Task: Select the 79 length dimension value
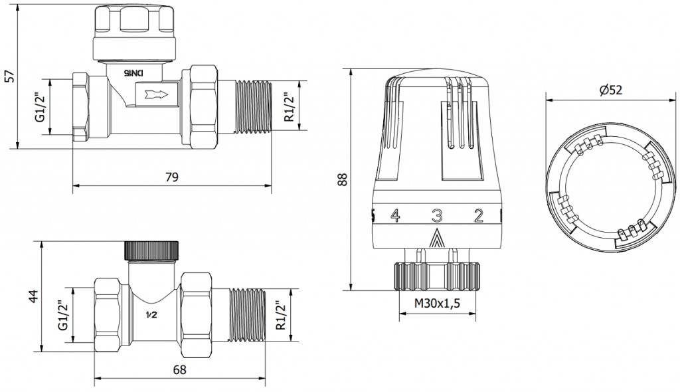pyautogui.click(x=172, y=177)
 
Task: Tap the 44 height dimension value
pyautogui.click(x=35, y=296)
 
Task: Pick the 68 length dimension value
pyautogui.click(x=179, y=370)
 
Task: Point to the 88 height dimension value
pyautogui.click(x=343, y=179)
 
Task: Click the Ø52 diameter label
pyautogui.click(x=611, y=90)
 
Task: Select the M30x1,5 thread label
pyautogui.click(x=437, y=304)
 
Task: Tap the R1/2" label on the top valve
pyautogui.click(x=290, y=107)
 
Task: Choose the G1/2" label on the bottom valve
pyautogui.click(x=63, y=315)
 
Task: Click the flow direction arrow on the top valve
pyautogui.click(x=155, y=93)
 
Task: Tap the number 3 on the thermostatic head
pyautogui.click(x=436, y=215)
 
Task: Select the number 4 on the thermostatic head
pyautogui.click(x=394, y=215)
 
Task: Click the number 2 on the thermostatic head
pyautogui.click(x=478, y=215)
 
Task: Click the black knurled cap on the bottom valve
pyautogui.click(x=151, y=250)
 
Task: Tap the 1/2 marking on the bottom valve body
pyautogui.click(x=151, y=315)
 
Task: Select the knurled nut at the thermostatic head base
pyautogui.click(x=437, y=276)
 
